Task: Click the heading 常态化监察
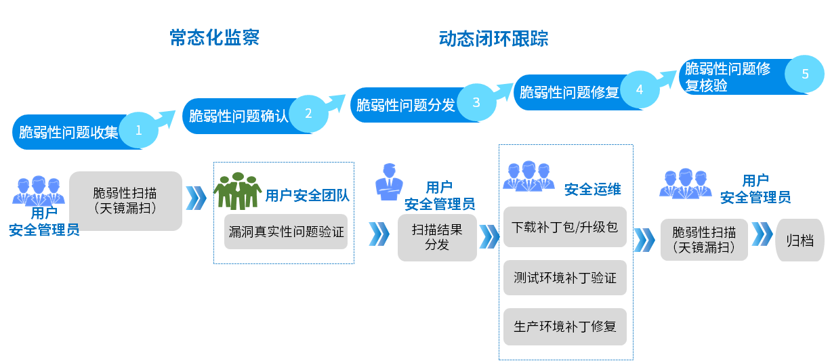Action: pyautogui.click(x=214, y=38)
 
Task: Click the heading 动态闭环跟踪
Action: pyautogui.click(x=493, y=38)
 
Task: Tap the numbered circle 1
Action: pyautogui.click(x=139, y=131)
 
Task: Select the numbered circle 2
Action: pyautogui.click(x=308, y=114)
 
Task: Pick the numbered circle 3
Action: pyautogui.click(x=476, y=103)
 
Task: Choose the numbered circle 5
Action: pyautogui.click(x=805, y=74)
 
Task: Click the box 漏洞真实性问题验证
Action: pyautogui.click(x=286, y=232)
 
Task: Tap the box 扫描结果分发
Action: pyautogui.click(x=437, y=237)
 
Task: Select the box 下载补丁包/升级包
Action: pyautogui.click(x=564, y=228)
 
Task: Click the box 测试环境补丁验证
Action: pyautogui.click(x=564, y=277)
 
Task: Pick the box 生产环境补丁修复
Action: pyautogui.click(x=564, y=326)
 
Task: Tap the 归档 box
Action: pyautogui.click(x=800, y=240)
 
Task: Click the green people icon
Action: pyautogui.click(x=237, y=191)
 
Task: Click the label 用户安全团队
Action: pyautogui.click(x=307, y=196)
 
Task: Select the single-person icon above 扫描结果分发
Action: pyautogui.click(x=389, y=181)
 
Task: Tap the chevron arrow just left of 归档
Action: pyautogui.click(x=762, y=234)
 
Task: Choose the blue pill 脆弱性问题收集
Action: pyautogui.click(x=68, y=132)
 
